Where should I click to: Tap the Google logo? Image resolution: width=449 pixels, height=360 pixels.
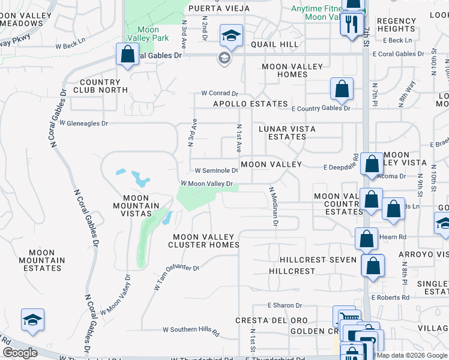pyautogui.click(x=20, y=353)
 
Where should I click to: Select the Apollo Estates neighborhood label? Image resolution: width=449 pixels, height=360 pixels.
pyautogui.click(x=251, y=104)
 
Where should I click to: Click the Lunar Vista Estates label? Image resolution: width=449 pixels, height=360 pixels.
pyautogui.click(x=287, y=133)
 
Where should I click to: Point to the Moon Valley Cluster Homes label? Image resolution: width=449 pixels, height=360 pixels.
pyautogui.click(x=203, y=240)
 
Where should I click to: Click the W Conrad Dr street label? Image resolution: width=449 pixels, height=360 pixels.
pyautogui.click(x=220, y=94)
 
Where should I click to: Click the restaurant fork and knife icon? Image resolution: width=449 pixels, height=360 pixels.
pyautogui.click(x=352, y=25)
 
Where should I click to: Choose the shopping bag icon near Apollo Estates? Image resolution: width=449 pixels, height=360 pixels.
pyautogui.click(x=341, y=89)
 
